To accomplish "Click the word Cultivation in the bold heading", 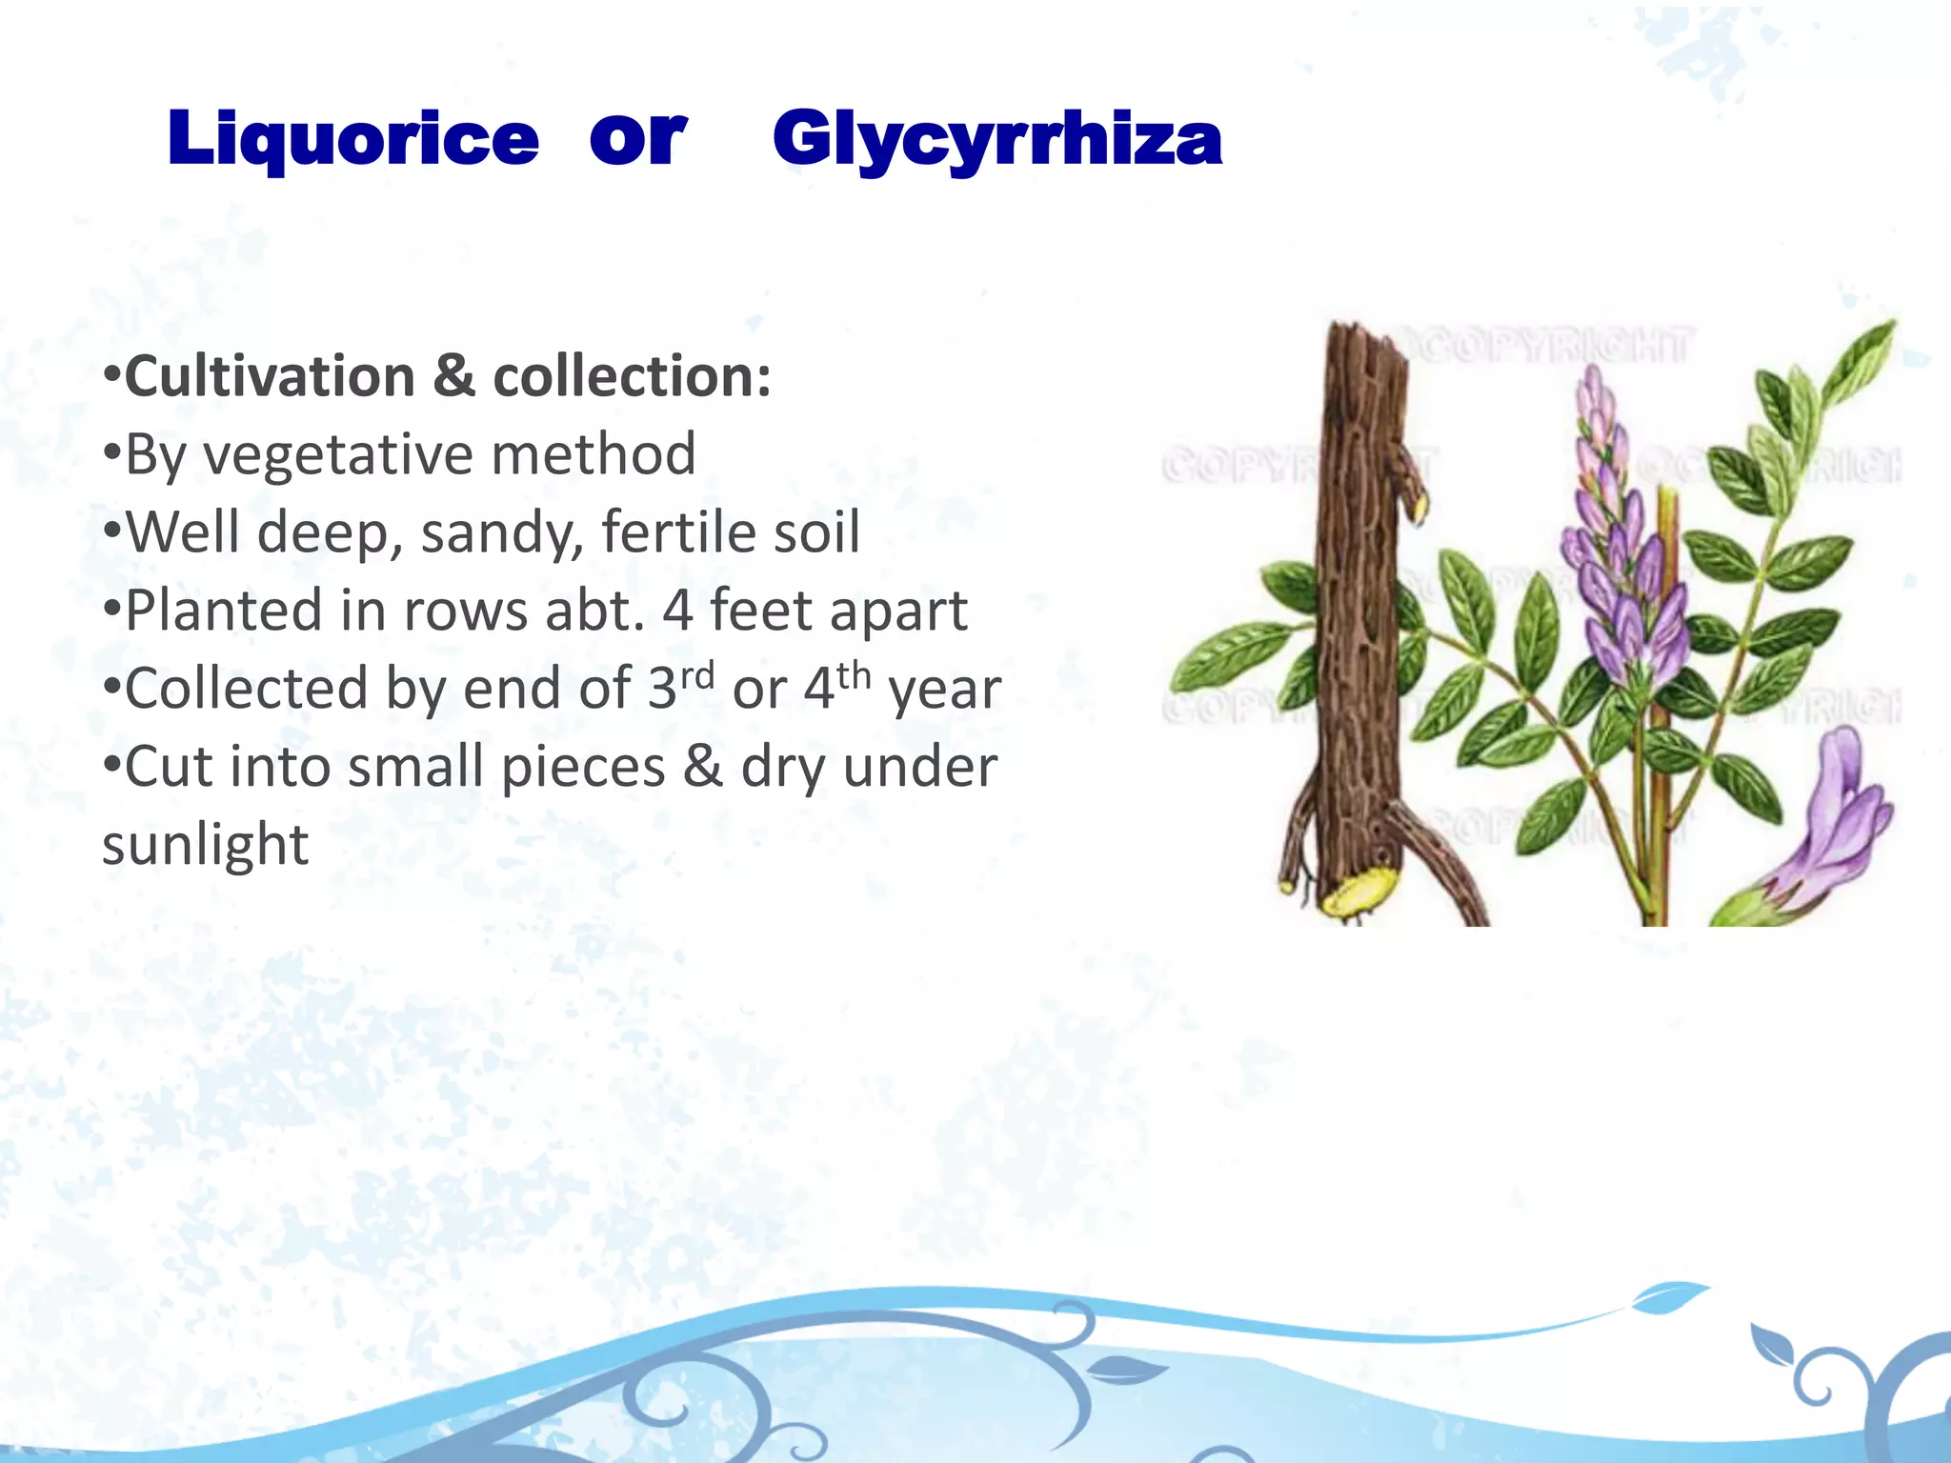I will tap(270, 377).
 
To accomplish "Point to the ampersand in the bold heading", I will tap(454, 377).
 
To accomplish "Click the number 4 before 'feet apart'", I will tap(677, 611).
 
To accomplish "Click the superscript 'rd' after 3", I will tap(697, 676).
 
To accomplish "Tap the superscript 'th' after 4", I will tap(854, 676).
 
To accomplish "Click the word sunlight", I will tap(205, 845).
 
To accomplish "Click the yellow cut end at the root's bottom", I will tap(1360, 892).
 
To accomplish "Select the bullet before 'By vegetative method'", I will tap(111, 455).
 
